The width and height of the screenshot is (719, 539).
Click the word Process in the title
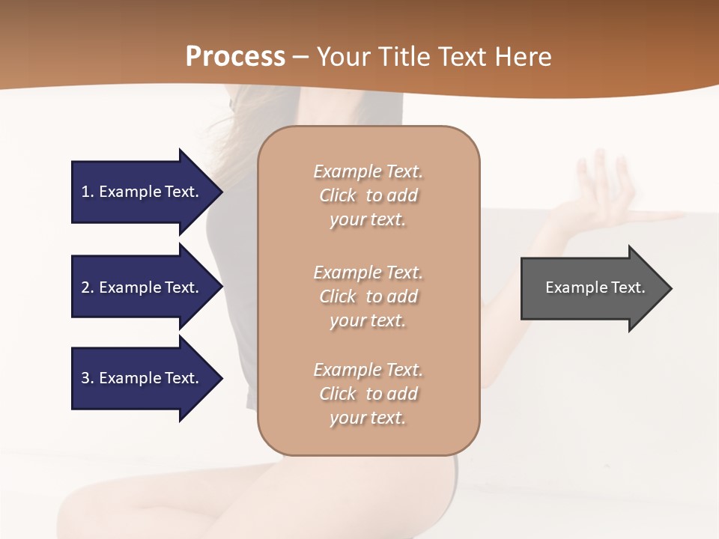click(235, 56)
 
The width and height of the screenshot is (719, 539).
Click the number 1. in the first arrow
click(88, 192)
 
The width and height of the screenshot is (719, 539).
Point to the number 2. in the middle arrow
click(88, 287)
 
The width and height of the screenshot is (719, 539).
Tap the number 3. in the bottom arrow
click(88, 378)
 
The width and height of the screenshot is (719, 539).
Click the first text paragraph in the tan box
click(368, 195)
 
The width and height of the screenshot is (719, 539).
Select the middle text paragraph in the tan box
click(368, 296)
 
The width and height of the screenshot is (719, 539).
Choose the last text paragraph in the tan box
click(368, 394)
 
